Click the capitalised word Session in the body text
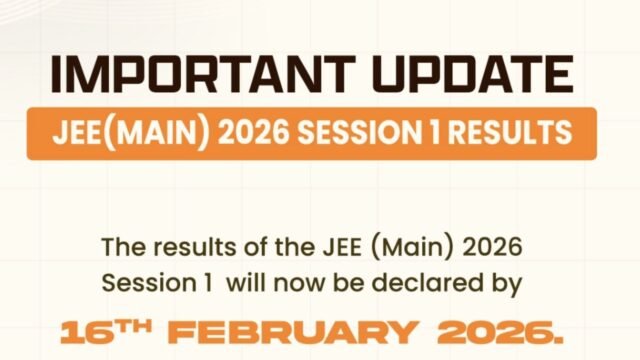click(x=137, y=283)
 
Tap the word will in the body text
click(x=245, y=283)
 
